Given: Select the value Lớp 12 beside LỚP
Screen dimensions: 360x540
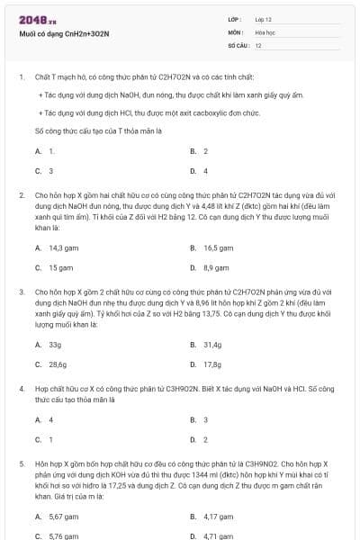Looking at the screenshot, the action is (264, 19).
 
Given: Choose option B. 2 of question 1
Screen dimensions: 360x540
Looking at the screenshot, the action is (200, 151).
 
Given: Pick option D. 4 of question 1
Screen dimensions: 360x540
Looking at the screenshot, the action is (200, 170).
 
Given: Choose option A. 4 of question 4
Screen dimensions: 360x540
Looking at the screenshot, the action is (44, 419).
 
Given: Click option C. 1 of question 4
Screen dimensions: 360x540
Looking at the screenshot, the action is (44, 439).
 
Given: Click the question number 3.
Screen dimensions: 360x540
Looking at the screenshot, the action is (22, 292).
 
